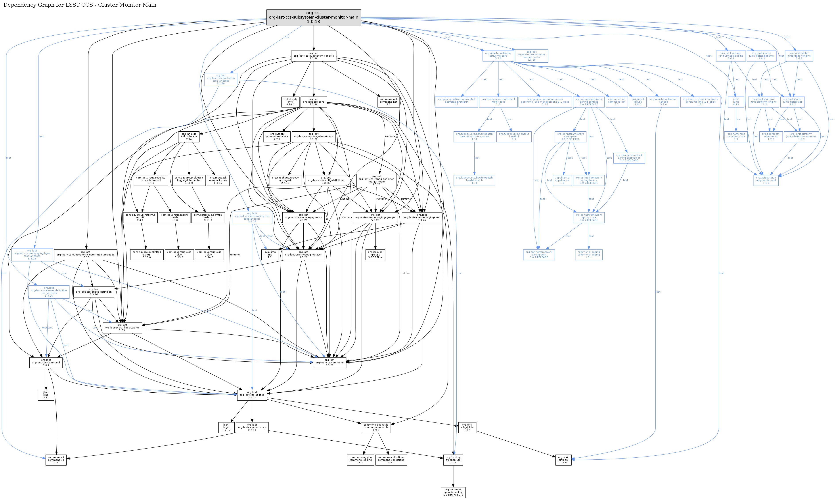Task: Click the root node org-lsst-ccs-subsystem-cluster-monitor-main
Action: [x=313, y=17]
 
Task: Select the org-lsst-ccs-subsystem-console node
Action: [x=313, y=56]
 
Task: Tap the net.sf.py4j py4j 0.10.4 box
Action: [x=290, y=102]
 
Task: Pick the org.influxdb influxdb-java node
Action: [x=189, y=136]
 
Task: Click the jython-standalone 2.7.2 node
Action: [x=277, y=136]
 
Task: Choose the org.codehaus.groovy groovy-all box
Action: [x=285, y=180]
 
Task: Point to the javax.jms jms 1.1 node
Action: [x=270, y=255]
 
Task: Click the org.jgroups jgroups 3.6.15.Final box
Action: [x=375, y=255]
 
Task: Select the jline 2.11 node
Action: [x=46, y=395]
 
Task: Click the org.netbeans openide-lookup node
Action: [x=453, y=492]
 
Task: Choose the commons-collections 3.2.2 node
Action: [x=391, y=460]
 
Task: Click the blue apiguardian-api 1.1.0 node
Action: [x=766, y=180]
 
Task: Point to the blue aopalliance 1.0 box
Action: [x=562, y=180]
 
